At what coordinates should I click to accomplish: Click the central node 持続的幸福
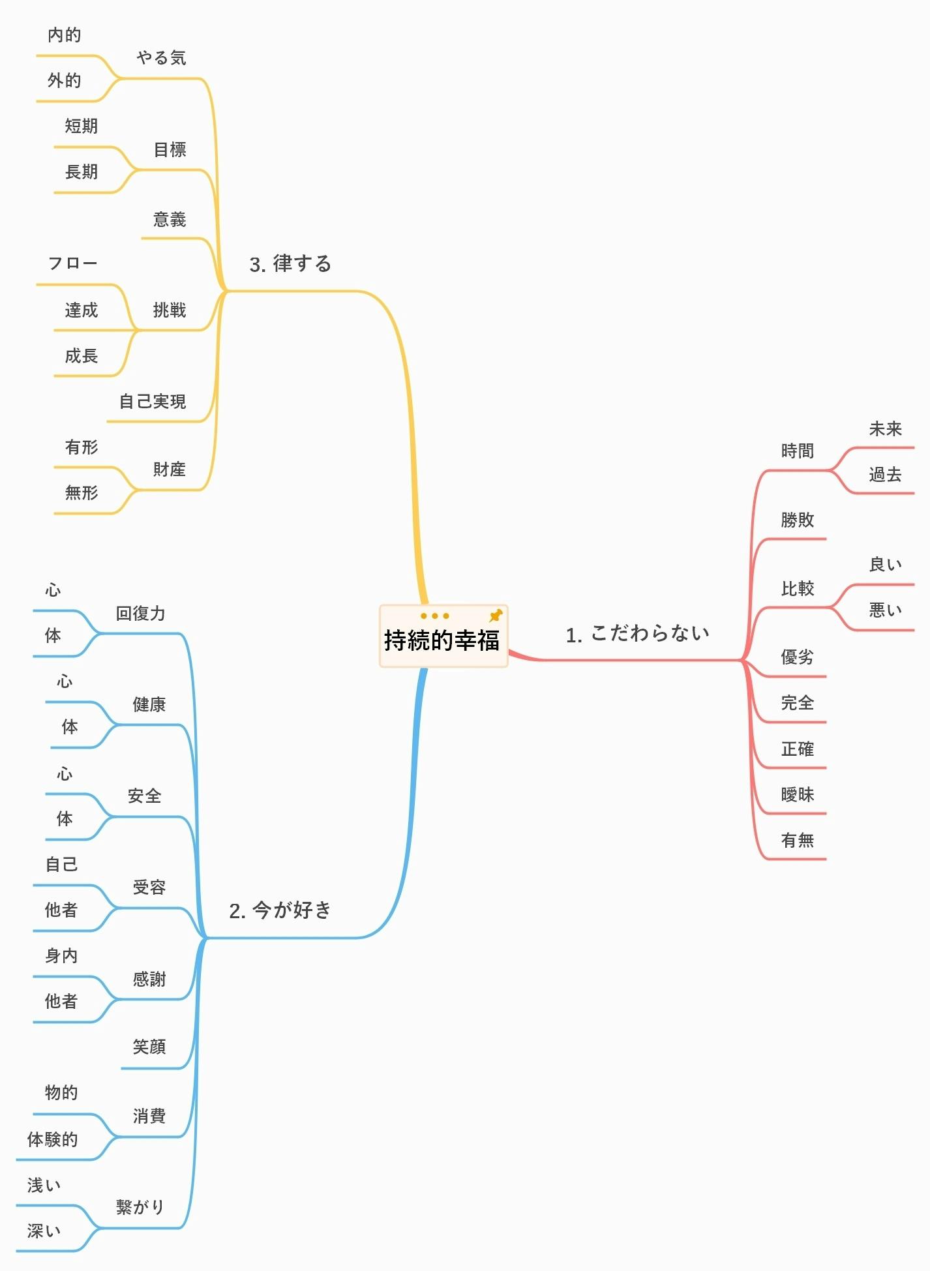(442, 640)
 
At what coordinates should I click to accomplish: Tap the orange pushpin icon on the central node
(496, 615)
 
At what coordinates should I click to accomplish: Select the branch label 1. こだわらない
(637, 633)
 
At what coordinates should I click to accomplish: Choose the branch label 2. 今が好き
(280, 910)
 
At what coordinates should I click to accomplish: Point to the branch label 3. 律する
(290, 263)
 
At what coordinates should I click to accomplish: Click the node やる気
(161, 58)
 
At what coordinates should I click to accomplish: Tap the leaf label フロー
(72, 263)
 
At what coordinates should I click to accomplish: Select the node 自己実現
(153, 401)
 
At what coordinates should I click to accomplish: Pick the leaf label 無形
(82, 493)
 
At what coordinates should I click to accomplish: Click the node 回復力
(141, 613)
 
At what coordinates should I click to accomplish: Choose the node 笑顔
(149, 1047)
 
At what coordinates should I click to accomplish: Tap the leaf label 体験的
(52, 1139)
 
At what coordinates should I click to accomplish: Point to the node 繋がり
(140, 1206)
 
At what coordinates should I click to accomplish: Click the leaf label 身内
(61, 956)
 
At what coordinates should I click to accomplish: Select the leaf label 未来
(885, 428)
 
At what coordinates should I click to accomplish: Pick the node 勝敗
(798, 520)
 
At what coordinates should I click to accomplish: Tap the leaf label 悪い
(885, 610)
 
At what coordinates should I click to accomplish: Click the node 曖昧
(798, 794)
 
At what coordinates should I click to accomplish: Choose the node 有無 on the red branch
(798, 840)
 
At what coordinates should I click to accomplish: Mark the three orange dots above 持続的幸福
(435, 616)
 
